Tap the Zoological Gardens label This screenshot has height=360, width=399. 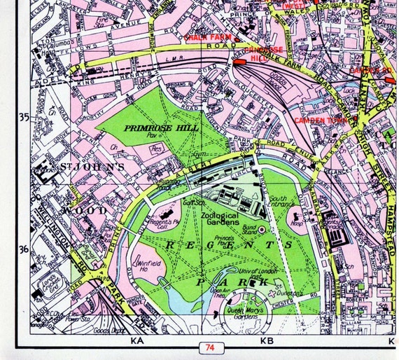pyautogui.click(x=228, y=219)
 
